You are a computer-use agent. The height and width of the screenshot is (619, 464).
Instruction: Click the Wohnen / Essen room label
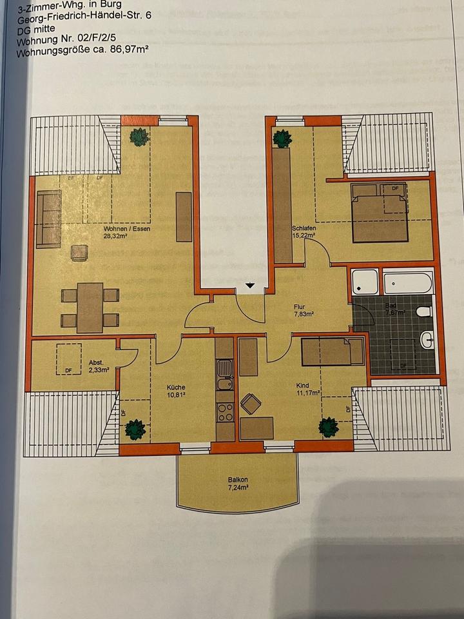coord(121,228)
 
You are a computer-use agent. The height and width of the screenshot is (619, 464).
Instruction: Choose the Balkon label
coord(238,480)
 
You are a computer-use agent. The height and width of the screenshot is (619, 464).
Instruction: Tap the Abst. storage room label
coord(96,362)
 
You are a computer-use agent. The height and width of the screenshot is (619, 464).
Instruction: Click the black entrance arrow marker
coord(250,286)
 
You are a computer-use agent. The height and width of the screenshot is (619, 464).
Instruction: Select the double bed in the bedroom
coord(380,213)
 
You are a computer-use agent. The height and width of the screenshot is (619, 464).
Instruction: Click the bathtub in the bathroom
coord(407,283)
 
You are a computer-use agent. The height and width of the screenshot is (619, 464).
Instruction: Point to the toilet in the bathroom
coord(423,311)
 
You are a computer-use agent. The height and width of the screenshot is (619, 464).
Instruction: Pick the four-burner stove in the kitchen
coord(224,411)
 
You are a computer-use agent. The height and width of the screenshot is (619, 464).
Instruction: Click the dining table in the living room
coord(90,307)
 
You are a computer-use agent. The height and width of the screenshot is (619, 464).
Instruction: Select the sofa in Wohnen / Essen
coord(48,219)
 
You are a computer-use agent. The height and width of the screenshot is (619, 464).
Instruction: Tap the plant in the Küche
coord(135,429)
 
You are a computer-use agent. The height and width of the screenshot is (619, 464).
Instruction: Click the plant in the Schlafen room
coord(282,139)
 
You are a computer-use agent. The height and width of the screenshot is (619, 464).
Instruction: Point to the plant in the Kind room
coord(328,426)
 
